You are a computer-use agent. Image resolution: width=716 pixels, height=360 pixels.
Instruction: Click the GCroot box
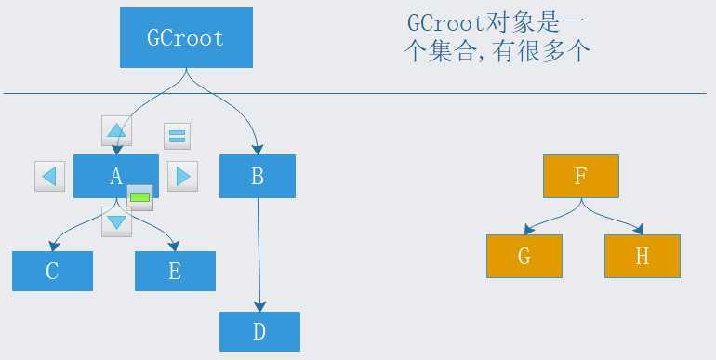pos(186,37)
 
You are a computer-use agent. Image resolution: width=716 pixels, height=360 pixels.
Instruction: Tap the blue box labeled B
pos(258,177)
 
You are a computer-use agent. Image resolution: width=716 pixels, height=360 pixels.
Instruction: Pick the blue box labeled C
pos(52,271)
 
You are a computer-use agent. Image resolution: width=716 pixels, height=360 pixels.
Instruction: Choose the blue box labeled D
pos(259,332)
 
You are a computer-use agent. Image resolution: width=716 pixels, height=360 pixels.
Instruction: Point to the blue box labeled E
pos(176,271)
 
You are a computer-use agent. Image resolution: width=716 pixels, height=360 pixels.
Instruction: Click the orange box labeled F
pos(581,177)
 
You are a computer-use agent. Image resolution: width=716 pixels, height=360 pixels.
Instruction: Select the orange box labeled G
pos(524,257)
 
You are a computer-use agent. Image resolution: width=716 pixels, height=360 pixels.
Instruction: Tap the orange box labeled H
pos(643,257)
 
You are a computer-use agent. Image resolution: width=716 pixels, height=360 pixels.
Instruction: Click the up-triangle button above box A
pos(116,130)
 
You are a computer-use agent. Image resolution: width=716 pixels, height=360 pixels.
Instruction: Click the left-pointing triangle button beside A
pos(50,177)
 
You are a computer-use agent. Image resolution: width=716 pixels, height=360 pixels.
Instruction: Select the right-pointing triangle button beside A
pos(182,177)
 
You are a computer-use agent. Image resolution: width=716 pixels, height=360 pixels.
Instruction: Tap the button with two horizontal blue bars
pos(178,136)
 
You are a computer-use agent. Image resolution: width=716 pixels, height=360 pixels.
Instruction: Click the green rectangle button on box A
pos(139,198)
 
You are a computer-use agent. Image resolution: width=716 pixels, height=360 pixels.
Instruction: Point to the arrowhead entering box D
pos(259,307)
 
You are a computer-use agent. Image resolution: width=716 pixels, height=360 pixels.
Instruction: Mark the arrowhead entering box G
pos(529,230)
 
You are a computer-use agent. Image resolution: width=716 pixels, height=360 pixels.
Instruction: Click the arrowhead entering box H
pos(639,230)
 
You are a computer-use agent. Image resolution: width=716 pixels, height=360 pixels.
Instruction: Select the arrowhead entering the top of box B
pos(258,150)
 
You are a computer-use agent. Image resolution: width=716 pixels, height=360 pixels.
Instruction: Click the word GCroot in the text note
pos(445,24)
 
